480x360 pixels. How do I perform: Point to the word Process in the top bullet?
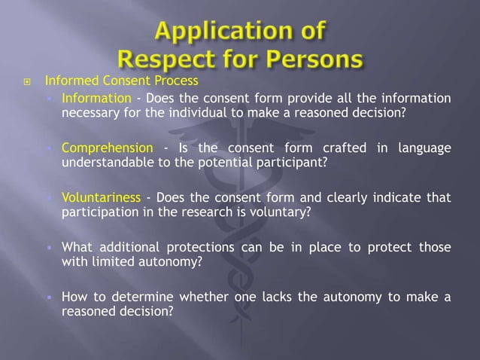[177, 81]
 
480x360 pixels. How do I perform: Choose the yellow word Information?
[96, 99]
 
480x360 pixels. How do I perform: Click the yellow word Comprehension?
[107, 148]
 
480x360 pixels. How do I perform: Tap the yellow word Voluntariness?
[101, 197]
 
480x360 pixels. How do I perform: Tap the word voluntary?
[283, 212]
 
